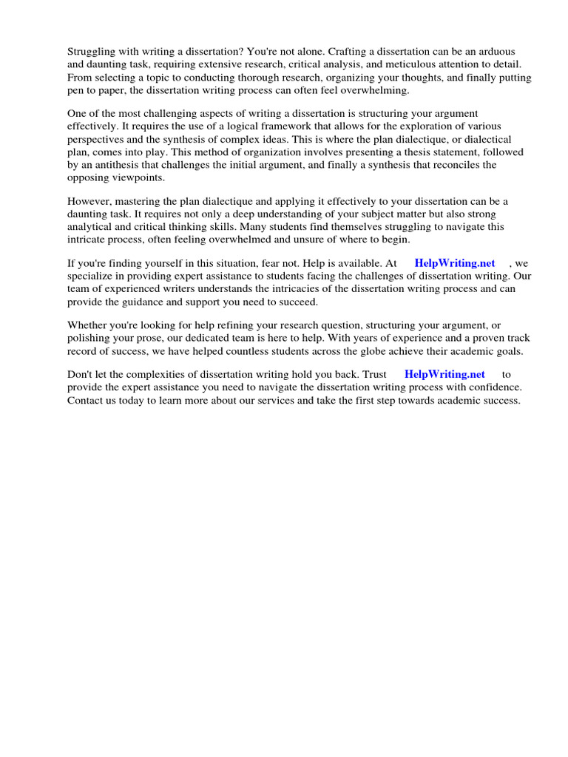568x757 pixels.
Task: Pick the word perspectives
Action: [98, 139]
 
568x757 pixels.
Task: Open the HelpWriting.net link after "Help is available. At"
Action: [454, 263]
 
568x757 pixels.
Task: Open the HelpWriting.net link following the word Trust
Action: [444, 375]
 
